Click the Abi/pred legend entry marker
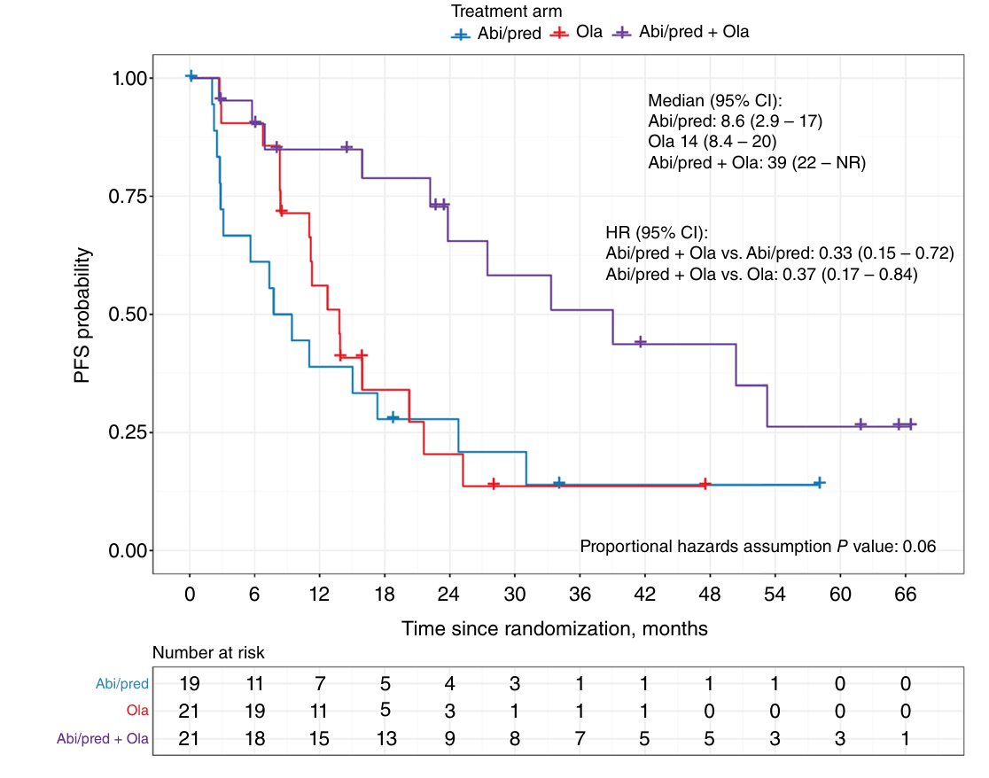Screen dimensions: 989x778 tap(461, 35)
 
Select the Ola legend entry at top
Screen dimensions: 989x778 tap(577, 32)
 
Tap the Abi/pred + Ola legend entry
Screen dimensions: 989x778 tap(681, 32)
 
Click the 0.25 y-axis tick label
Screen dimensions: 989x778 tap(128, 432)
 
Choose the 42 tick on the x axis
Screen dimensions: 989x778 tap(644, 594)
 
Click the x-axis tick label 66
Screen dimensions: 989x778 tap(905, 594)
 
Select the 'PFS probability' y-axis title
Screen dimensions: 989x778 tap(82, 315)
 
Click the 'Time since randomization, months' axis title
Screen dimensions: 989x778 tap(555, 628)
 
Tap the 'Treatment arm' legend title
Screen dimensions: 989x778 tap(506, 12)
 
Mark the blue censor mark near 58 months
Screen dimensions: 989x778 tap(819, 483)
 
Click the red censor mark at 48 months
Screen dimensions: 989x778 tap(705, 484)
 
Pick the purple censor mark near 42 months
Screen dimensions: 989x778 tap(640, 342)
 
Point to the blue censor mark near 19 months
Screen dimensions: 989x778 tap(393, 417)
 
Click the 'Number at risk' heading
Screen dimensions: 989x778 tap(208, 652)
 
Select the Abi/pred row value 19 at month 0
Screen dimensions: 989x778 tap(190, 683)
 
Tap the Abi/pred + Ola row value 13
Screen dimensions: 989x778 tap(386, 738)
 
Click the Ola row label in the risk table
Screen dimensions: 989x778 tap(137, 711)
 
